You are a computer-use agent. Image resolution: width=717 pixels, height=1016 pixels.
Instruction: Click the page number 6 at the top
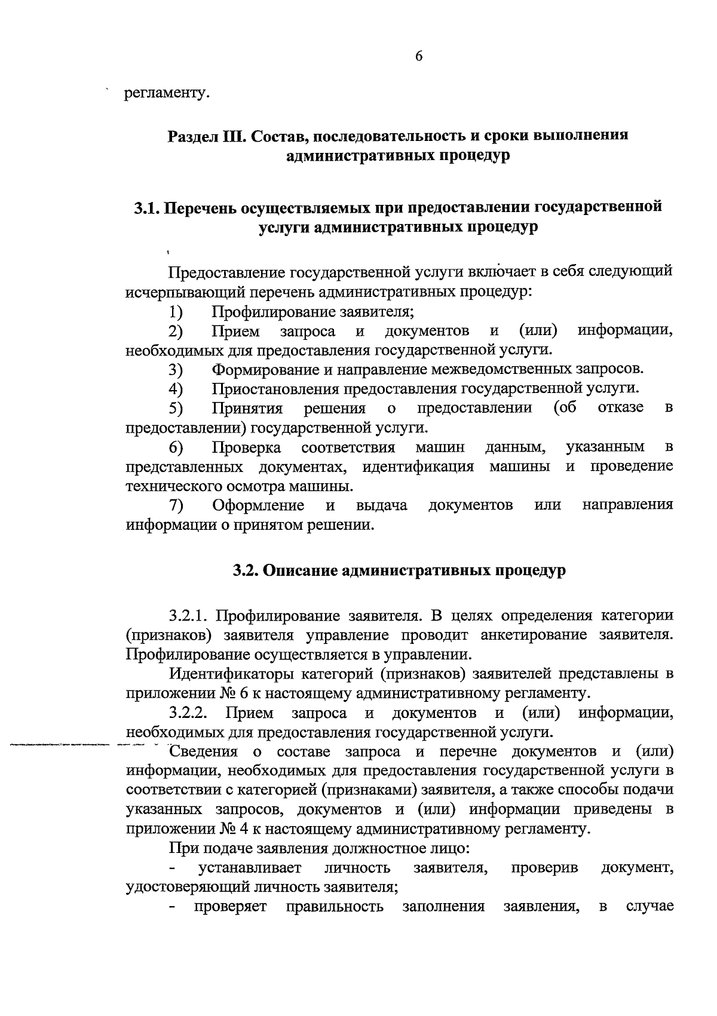point(418,56)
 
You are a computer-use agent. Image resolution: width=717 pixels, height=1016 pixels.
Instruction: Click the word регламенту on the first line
point(167,94)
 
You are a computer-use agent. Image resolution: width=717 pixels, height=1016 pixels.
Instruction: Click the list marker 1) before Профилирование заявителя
point(176,312)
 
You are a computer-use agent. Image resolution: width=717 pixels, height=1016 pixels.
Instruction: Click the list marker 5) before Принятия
point(176,409)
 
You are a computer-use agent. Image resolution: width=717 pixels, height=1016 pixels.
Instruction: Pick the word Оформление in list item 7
point(259,505)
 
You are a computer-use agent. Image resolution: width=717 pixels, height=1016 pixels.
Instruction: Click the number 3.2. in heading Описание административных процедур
point(245,570)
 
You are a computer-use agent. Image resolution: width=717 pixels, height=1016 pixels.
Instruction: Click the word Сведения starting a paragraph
point(203,751)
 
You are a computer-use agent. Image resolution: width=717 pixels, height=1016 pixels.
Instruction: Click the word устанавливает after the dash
point(250,867)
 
